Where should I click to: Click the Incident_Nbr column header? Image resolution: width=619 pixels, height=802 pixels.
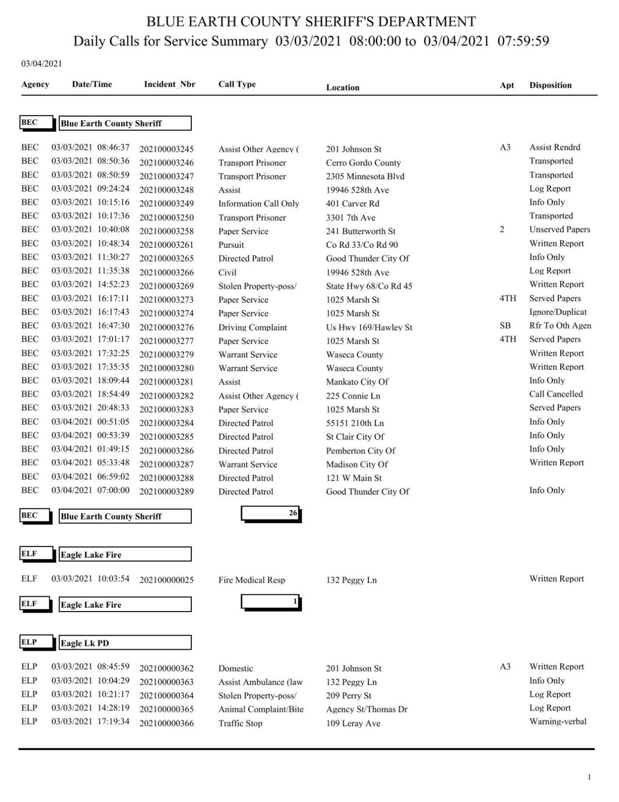click(169, 85)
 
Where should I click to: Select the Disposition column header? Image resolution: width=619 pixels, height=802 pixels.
click(550, 86)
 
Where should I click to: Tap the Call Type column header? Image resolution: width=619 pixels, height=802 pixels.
click(237, 85)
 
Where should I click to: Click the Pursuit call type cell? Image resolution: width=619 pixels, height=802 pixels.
click(231, 245)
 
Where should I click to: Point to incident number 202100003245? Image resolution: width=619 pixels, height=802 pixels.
click(166, 150)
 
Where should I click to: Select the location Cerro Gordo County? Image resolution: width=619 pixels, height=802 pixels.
click(363, 163)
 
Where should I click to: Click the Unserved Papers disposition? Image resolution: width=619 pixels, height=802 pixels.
click(559, 230)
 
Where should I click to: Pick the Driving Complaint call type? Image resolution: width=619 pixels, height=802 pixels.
click(252, 328)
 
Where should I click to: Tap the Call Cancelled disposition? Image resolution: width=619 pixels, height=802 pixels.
click(556, 394)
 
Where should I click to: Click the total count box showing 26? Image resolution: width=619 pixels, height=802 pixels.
click(271, 514)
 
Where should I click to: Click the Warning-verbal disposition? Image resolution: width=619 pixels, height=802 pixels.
click(558, 722)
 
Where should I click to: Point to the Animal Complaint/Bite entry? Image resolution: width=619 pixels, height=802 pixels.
click(260, 710)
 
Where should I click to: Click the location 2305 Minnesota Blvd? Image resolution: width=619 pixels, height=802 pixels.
click(365, 177)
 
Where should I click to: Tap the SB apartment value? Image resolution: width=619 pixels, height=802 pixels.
click(505, 326)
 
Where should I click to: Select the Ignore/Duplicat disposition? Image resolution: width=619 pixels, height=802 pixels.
click(558, 312)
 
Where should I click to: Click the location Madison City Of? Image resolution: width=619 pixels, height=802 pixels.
click(356, 464)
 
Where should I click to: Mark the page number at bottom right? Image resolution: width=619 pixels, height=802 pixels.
click(589, 777)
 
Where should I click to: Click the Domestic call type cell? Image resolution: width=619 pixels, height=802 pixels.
click(235, 669)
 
